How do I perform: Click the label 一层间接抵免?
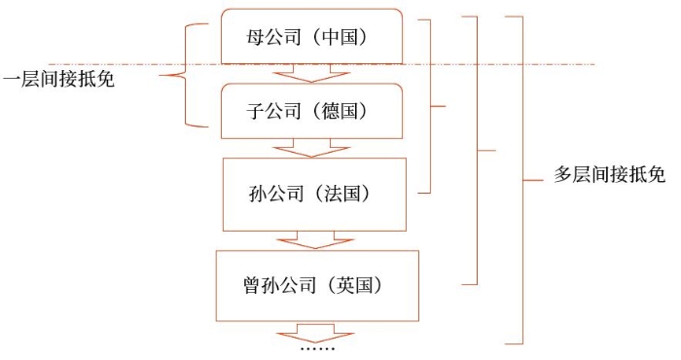click(x=58, y=79)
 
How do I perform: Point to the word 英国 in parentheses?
click(x=359, y=286)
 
